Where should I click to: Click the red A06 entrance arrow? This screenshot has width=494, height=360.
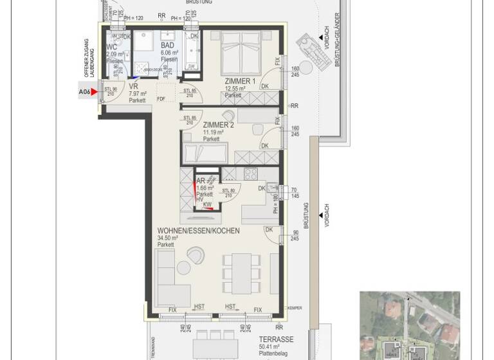[95, 92]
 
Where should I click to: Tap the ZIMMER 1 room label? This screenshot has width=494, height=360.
[240, 81]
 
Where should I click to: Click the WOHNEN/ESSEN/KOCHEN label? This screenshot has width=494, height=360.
[198, 230]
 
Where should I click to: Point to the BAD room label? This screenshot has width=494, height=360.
[167, 46]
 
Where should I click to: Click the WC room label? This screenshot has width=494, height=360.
[112, 47]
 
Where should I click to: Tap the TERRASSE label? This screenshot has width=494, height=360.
[276, 339]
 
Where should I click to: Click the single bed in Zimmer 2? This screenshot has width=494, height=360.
[205, 155]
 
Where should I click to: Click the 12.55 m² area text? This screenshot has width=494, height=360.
[238, 89]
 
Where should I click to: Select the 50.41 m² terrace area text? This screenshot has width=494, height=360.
[273, 347]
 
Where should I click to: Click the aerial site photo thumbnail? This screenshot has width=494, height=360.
[410, 325]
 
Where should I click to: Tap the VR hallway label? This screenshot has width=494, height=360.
[134, 85]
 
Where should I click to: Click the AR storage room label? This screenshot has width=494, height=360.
[201, 181]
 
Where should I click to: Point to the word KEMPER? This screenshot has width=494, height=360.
[295, 309]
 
